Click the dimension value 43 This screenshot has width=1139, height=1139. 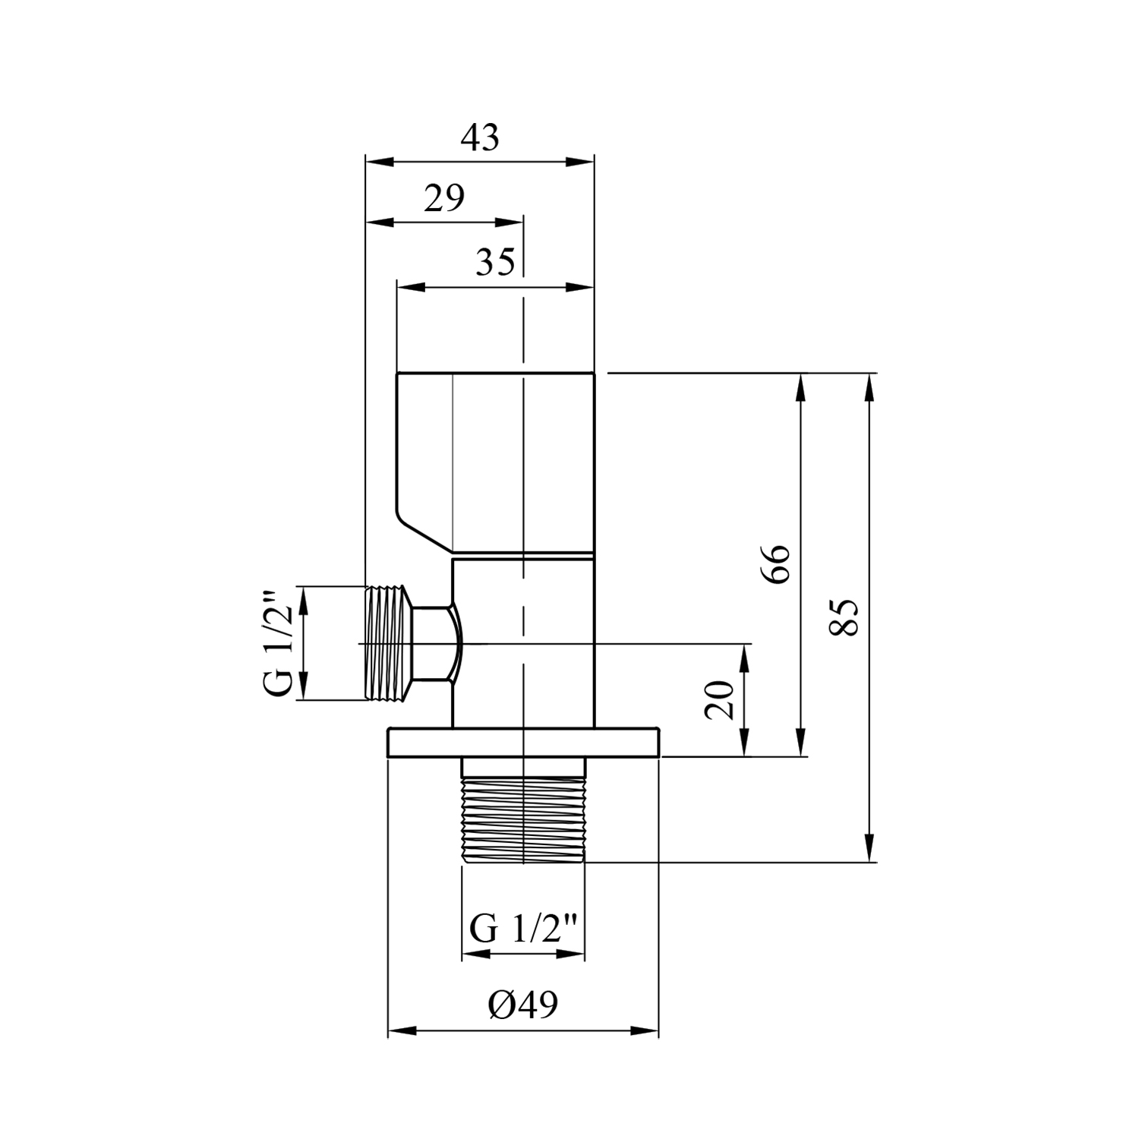[x=480, y=138]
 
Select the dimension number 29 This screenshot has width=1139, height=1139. [x=443, y=199]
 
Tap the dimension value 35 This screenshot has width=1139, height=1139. [x=495, y=262]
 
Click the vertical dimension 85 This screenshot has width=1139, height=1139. [x=844, y=617]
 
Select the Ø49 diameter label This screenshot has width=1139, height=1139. [x=523, y=1005]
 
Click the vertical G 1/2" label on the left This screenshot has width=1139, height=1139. [x=277, y=642]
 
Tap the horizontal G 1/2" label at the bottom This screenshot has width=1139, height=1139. [x=524, y=928]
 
